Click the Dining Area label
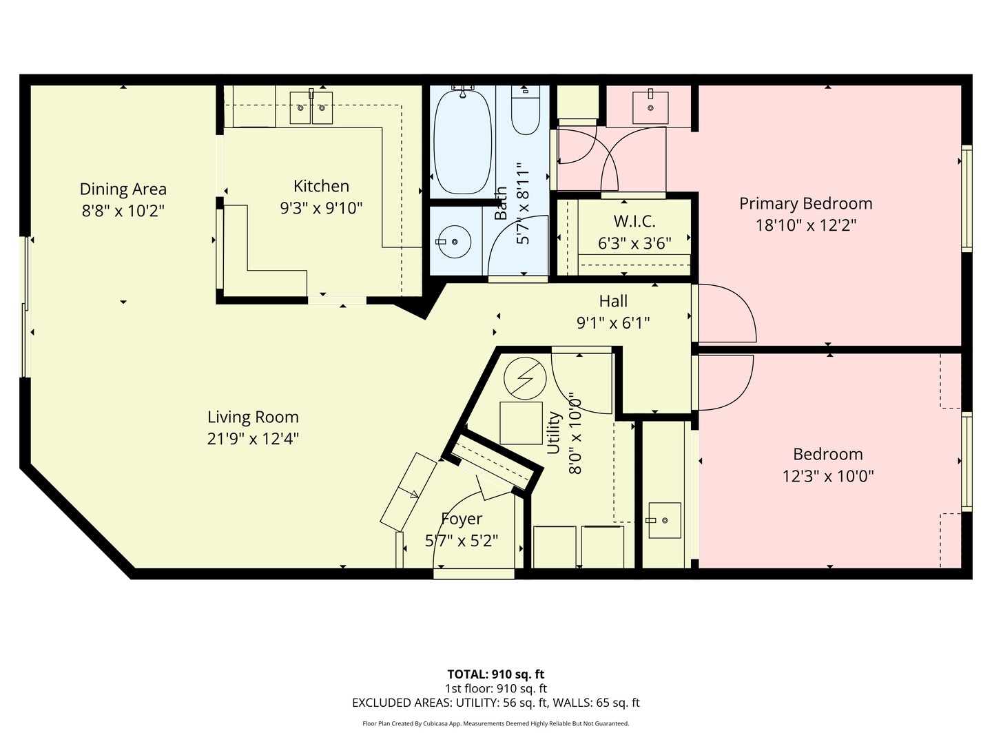[123, 189]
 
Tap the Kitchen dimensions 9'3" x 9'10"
[321, 208]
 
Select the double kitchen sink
[311, 107]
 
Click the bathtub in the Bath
[462, 141]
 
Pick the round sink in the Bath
[455, 242]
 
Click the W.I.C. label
[634, 221]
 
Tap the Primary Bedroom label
[805, 203]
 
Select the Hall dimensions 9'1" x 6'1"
[613, 322]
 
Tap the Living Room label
[253, 417]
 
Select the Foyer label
[461, 519]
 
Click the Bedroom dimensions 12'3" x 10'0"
[827, 476]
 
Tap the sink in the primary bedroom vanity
[650, 107]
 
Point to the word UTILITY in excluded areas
[476, 703]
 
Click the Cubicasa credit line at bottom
[495, 723]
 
